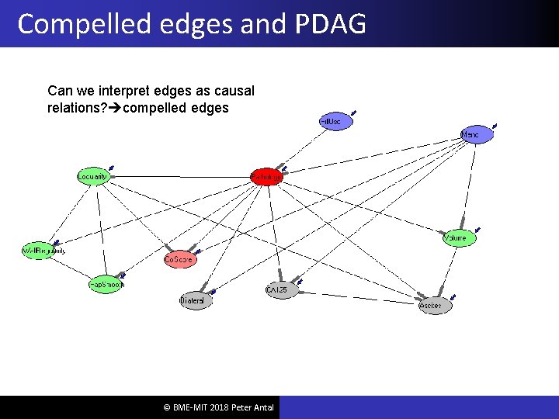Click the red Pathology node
coord(266,178)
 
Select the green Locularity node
coord(92,176)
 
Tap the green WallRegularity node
coord(43,251)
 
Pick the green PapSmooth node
coord(106,285)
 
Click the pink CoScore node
coord(179,260)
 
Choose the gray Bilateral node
coord(194,300)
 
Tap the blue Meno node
coord(476,134)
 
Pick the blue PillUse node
coord(335,123)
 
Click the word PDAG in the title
coord(329,24)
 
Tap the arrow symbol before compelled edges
coord(116,109)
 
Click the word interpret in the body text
coord(128,92)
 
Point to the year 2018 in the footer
coord(217,408)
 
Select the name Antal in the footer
coord(262,408)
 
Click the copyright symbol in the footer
coord(167,408)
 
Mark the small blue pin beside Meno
coord(495,125)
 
